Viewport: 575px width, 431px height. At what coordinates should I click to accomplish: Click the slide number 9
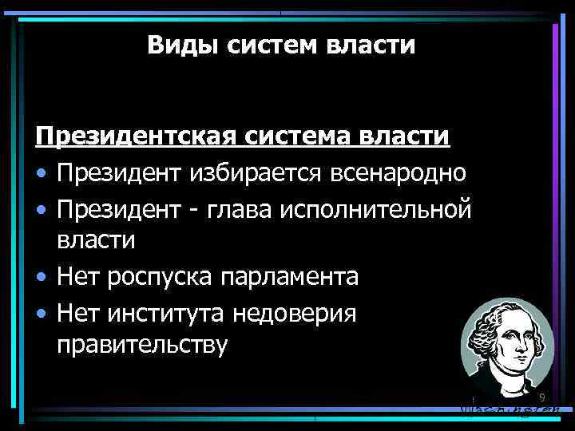click(x=541, y=398)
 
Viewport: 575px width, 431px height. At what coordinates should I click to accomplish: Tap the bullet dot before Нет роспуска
click(x=42, y=278)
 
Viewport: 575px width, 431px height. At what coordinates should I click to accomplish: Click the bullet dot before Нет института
click(x=42, y=313)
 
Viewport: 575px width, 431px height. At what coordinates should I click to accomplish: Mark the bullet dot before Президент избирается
click(x=42, y=172)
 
